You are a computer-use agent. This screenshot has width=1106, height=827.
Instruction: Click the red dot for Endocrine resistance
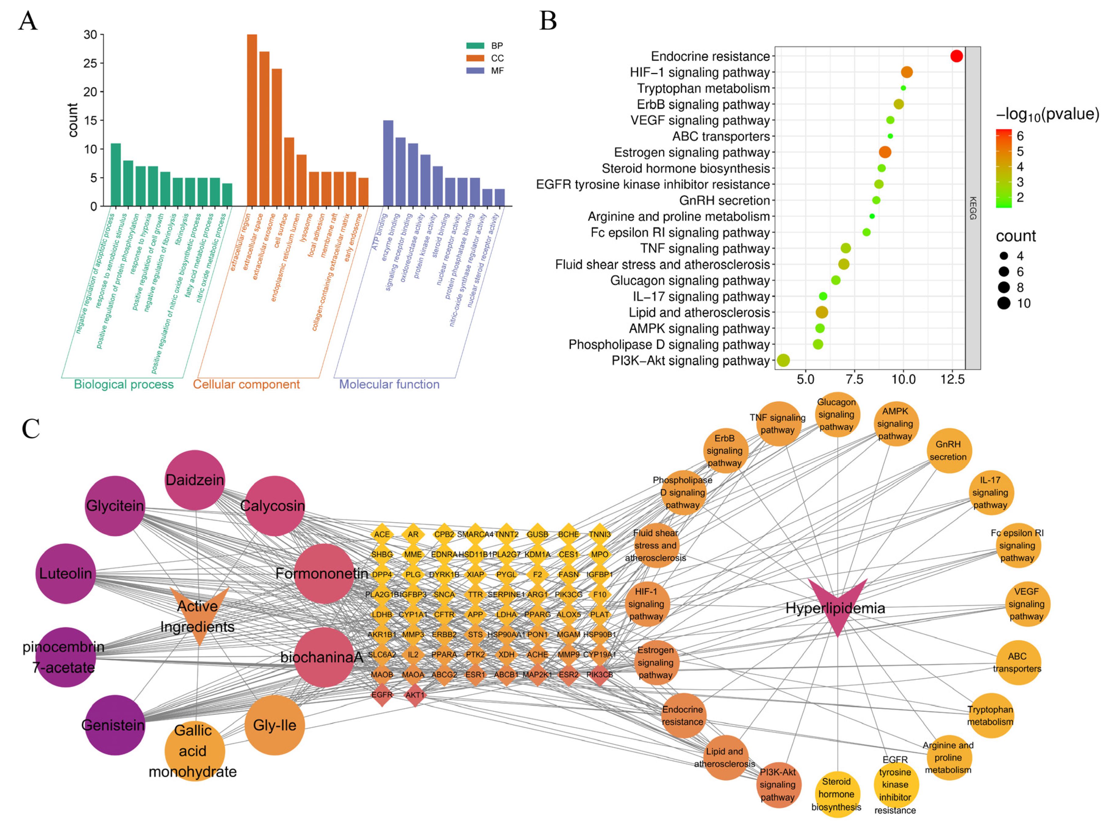pyautogui.click(x=956, y=56)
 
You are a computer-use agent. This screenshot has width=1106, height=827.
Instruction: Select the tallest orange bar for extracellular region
pyautogui.click(x=252, y=120)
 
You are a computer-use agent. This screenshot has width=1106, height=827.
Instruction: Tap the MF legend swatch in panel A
pyautogui.click(x=475, y=70)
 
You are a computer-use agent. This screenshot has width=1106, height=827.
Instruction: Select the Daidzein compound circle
pyautogui.click(x=195, y=480)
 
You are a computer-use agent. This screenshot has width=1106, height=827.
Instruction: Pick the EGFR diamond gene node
pyautogui.click(x=382, y=695)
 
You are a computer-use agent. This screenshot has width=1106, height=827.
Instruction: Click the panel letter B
pyautogui.click(x=548, y=21)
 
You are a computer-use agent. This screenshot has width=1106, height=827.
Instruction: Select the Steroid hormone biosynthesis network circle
pyautogui.click(x=836, y=794)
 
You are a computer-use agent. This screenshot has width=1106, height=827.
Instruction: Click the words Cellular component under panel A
pyautogui.click(x=246, y=384)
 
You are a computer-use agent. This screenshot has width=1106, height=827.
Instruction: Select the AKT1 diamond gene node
pyautogui.click(x=415, y=695)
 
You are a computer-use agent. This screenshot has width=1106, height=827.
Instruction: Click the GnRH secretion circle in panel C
pyautogui.click(x=948, y=450)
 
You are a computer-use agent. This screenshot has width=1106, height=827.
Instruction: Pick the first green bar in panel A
pyautogui.click(x=116, y=175)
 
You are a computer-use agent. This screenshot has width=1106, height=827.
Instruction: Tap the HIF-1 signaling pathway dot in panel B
pyautogui.click(x=907, y=72)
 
